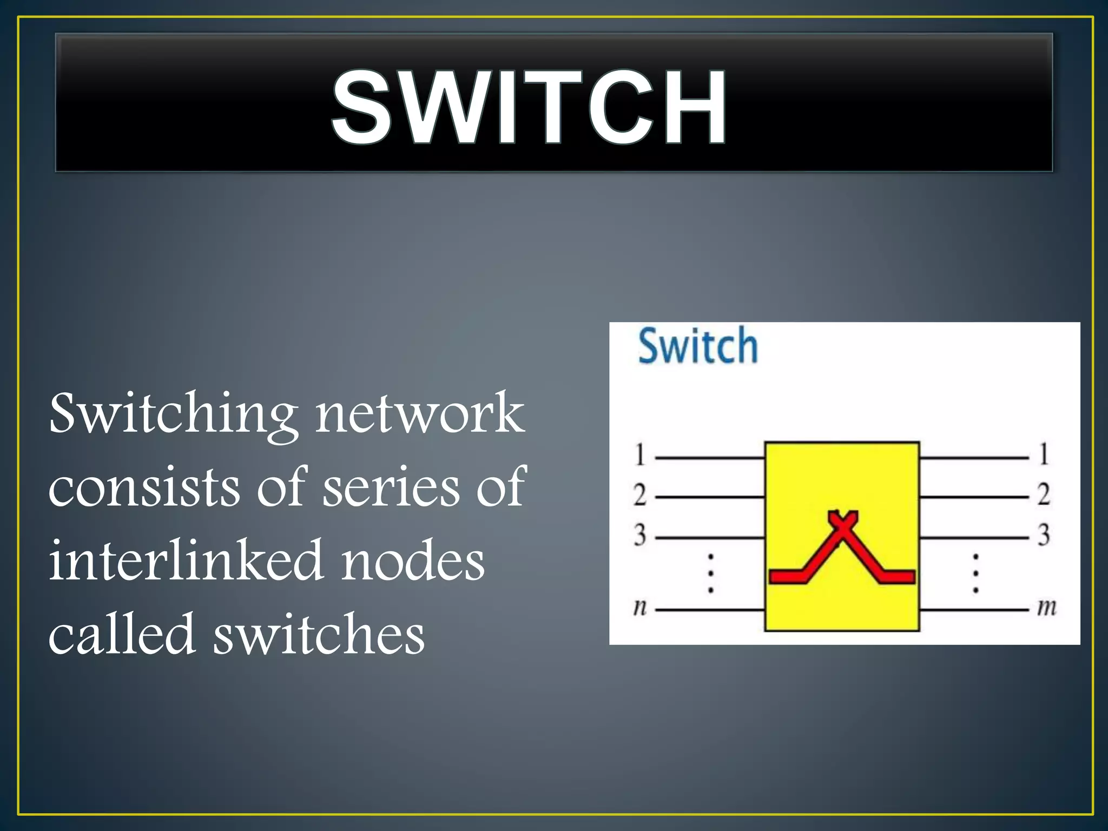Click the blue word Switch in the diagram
[x=698, y=346]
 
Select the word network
[x=420, y=414]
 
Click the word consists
[x=144, y=487]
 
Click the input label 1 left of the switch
[x=640, y=454]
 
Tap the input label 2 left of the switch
[x=640, y=494]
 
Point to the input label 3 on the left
[x=640, y=535]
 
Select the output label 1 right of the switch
[x=1044, y=454]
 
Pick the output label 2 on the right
[x=1044, y=494]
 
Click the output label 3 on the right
[x=1044, y=535]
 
